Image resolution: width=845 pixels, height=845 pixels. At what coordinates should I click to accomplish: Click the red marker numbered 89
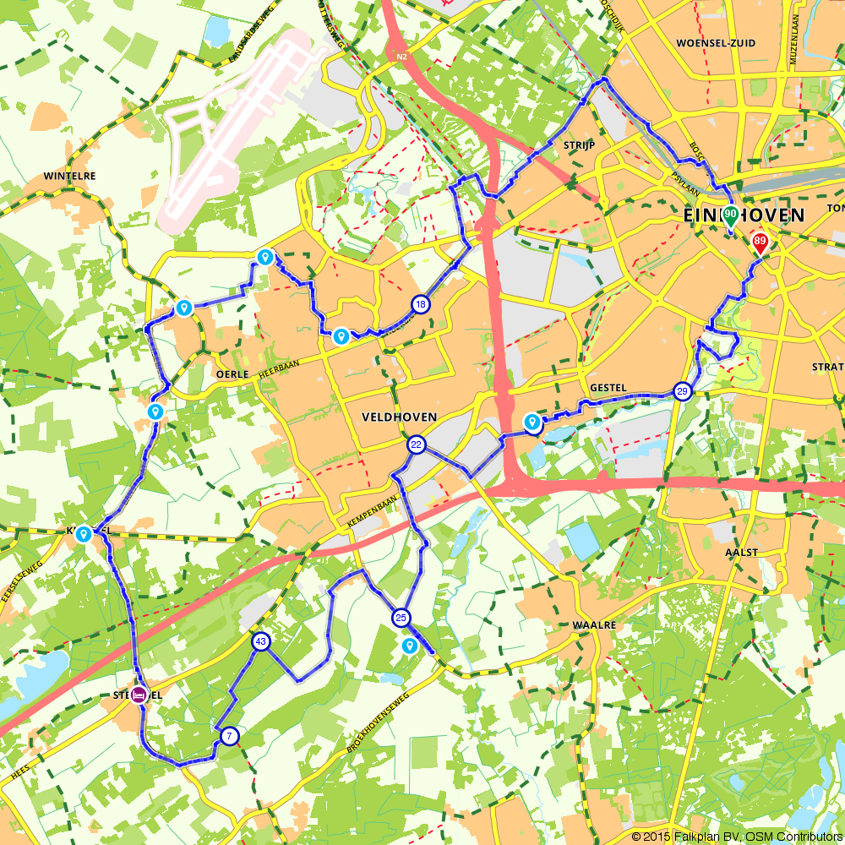coord(760,243)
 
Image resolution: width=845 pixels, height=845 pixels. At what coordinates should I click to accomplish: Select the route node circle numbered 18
coord(420,304)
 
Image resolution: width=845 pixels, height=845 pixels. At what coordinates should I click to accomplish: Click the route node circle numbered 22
coord(416,444)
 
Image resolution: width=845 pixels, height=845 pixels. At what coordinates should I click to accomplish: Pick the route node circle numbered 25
coord(401,618)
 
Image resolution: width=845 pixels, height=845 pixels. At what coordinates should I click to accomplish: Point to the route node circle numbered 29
coord(683,391)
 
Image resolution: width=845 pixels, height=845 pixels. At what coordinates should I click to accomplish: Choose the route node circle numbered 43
coord(261,642)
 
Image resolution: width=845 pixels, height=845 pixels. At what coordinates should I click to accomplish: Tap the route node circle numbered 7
coord(229,737)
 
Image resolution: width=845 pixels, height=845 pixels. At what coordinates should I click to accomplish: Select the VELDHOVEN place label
coord(398,417)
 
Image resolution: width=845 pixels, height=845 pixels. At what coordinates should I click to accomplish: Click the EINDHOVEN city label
coord(744,216)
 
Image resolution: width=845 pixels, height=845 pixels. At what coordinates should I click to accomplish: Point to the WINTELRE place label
coord(70,177)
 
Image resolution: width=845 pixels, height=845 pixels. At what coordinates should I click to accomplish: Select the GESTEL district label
coord(608,388)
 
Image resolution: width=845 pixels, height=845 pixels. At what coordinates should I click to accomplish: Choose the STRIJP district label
coord(580,145)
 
